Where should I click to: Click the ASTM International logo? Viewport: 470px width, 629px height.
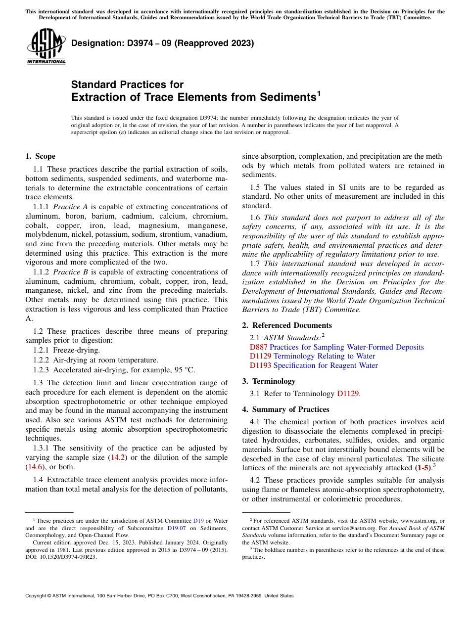pyautogui.click(x=46, y=46)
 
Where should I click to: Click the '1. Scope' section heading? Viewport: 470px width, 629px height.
pyautogui.click(x=40, y=156)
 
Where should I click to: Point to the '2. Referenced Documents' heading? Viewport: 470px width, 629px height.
pyautogui.click(x=287, y=325)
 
